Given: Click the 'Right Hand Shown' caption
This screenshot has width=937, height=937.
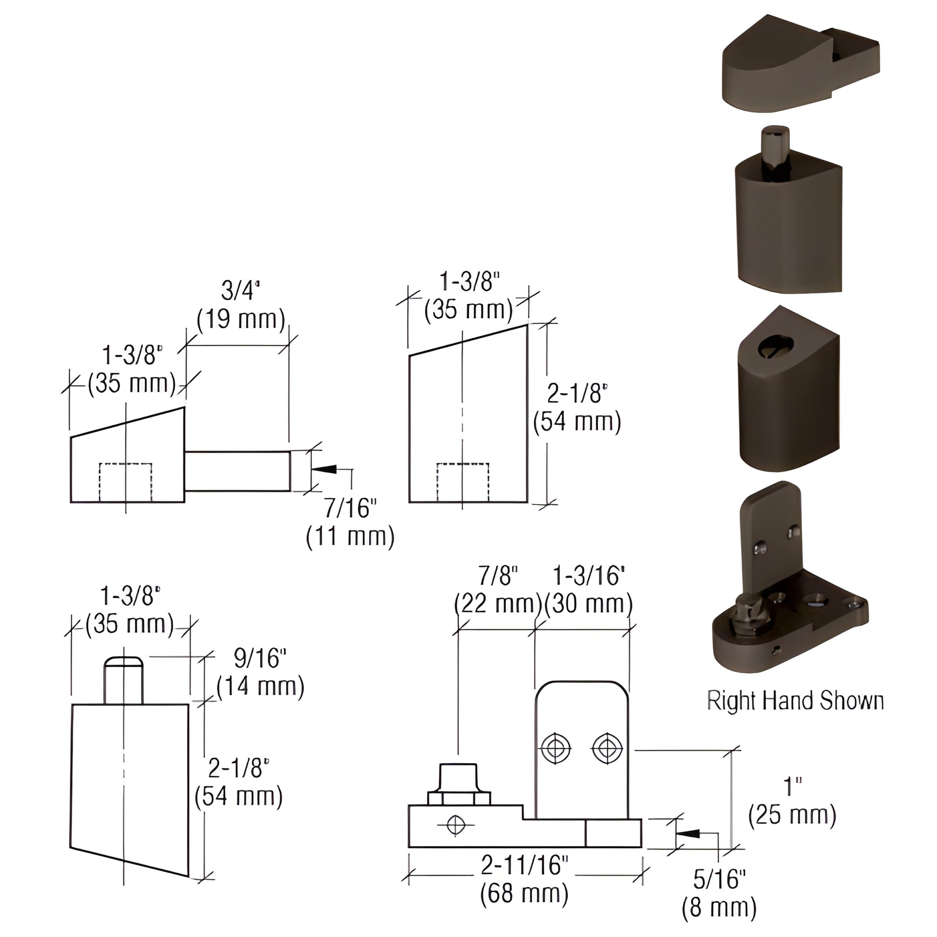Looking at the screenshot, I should pyautogui.click(x=795, y=701).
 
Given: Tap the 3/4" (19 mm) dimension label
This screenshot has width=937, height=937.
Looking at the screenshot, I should pyautogui.click(x=241, y=305).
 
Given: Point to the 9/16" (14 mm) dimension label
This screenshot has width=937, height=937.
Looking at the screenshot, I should pyautogui.click(x=260, y=672).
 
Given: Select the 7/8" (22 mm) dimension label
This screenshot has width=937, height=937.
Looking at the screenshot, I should pyautogui.click(x=498, y=590).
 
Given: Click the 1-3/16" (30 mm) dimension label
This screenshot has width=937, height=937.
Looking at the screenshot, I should pyautogui.click(x=589, y=590).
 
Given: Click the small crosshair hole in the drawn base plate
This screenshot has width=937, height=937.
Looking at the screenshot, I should pyautogui.click(x=455, y=825).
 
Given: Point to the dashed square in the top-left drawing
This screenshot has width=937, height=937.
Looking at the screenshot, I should pyautogui.click(x=126, y=482).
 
